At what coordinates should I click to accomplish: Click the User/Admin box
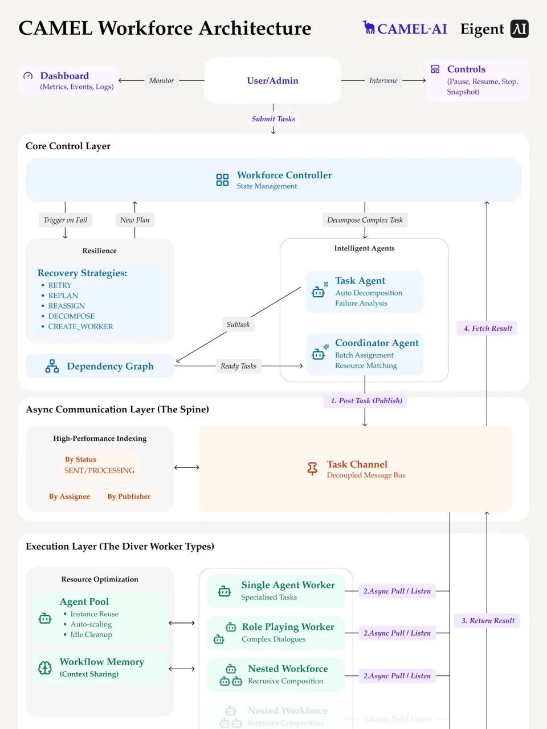click(272, 80)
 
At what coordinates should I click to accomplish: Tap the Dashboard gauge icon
click(28, 76)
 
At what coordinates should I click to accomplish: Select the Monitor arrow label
click(161, 80)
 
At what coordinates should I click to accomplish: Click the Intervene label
click(383, 80)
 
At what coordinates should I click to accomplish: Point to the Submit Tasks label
click(273, 118)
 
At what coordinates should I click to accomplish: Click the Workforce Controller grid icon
click(222, 180)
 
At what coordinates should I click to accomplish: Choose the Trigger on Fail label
click(66, 220)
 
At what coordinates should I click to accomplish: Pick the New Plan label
click(135, 220)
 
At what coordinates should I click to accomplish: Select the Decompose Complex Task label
click(365, 220)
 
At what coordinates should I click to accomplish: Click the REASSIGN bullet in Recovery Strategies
click(66, 306)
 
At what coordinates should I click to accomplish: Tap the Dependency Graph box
click(99, 366)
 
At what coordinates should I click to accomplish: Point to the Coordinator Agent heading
click(377, 343)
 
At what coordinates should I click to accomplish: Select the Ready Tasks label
click(238, 366)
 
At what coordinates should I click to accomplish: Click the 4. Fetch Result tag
click(487, 328)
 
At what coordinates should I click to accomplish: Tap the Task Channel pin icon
click(312, 469)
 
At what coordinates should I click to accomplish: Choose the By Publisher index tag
click(129, 496)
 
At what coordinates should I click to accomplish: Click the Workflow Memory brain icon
click(45, 667)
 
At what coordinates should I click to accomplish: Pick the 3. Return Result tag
click(487, 620)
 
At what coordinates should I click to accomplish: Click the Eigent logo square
click(519, 28)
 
